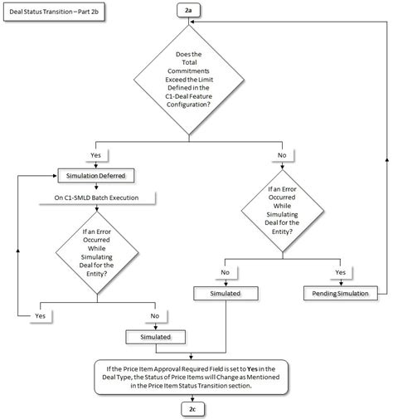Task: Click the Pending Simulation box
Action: click(x=339, y=294)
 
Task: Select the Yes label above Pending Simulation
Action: click(x=339, y=271)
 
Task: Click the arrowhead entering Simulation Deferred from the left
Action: click(x=51, y=176)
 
